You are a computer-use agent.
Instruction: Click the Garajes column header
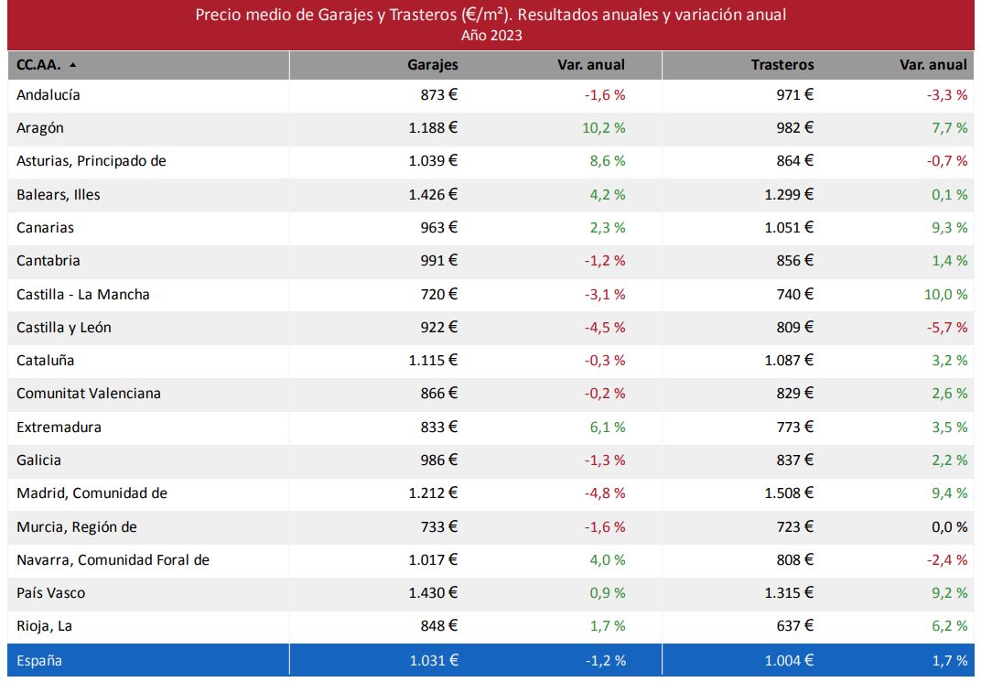pyautogui.click(x=433, y=65)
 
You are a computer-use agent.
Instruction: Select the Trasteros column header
pyautogui.click(x=782, y=65)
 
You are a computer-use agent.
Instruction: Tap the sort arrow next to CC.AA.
pyautogui.click(x=72, y=65)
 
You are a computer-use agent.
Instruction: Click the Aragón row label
pyautogui.click(x=40, y=128)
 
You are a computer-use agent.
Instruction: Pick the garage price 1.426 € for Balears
pyautogui.click(x=433, y=194)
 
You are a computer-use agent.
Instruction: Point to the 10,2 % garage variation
pyautogui.click(x=603, y=128)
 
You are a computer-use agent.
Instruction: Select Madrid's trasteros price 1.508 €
pyautogui.click(x=789, y=493)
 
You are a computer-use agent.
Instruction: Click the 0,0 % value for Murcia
pyautogui.click(x=948, y=527)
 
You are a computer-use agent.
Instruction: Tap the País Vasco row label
pyautogui.click(x=51, y=593)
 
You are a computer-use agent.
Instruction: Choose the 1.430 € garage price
pyautogui.click(x=433, y=593)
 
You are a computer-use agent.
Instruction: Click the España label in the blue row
pyautogui.click(x=39, y=660)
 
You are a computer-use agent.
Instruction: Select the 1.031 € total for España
pyautogui.click(x=433, y=660)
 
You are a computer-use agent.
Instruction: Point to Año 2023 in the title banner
pyautogui.click(x=492, y=36)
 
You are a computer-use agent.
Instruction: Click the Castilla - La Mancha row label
pyautogui.click(x=83, y=294)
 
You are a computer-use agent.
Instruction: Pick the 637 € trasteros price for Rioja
pyautogui.click(x=793, y=626)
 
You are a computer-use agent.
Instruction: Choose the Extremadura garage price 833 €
pyautogui.click(x=437, y=428)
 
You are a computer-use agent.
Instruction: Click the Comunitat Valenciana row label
pyautogui.click(x=89, y=394)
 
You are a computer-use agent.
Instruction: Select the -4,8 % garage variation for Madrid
pyautogui.click(x=605, y=493)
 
